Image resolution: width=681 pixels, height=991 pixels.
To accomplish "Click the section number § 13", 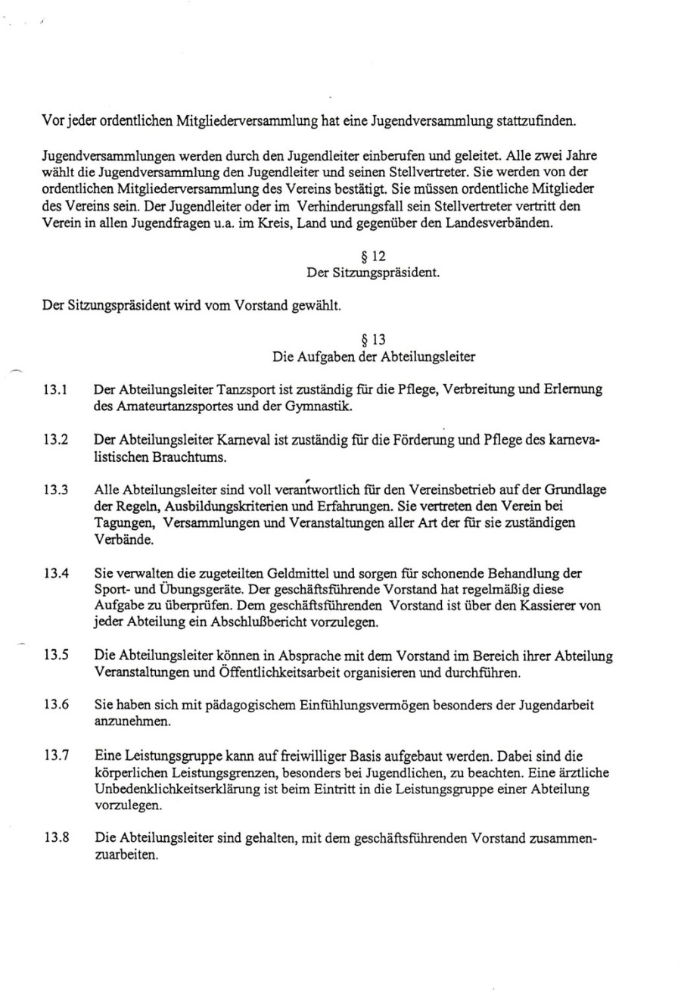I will (x=376, y=339).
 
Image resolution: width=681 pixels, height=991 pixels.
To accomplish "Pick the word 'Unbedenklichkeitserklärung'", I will (x=188, y=789).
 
